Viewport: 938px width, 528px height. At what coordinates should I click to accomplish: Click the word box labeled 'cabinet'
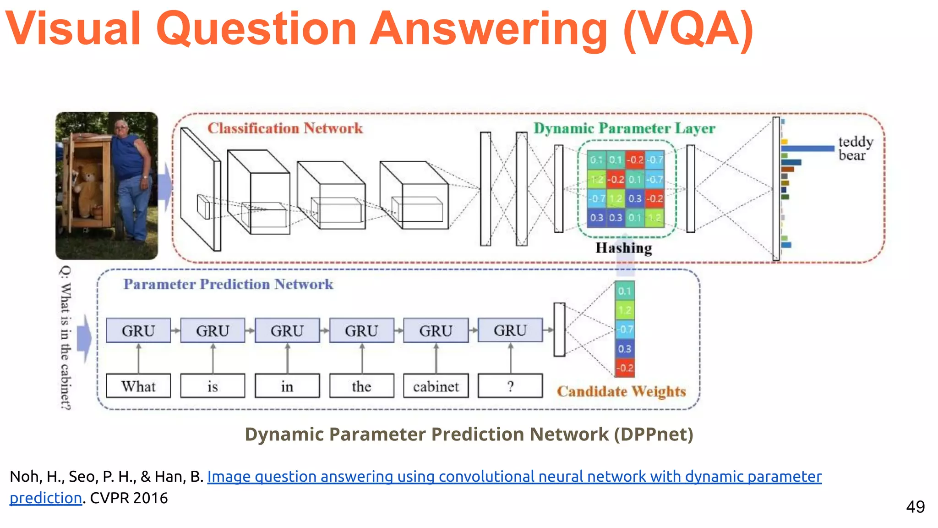436,386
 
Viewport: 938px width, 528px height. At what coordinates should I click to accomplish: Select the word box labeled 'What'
138,386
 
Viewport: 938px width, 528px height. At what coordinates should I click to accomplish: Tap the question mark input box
510,386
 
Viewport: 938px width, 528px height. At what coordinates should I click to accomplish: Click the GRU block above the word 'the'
361,330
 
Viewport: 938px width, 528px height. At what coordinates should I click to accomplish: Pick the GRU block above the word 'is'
213,330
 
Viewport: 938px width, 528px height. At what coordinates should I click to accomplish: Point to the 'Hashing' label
623,248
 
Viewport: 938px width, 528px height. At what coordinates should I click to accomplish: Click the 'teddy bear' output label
855,148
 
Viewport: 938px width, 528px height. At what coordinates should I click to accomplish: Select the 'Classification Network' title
285,128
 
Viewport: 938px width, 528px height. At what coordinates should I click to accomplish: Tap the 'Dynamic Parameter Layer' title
624,128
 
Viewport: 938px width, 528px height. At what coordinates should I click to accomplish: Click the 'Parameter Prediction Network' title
228,284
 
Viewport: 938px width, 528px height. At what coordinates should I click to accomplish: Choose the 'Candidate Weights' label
621,391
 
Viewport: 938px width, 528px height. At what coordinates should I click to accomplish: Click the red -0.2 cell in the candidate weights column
625,368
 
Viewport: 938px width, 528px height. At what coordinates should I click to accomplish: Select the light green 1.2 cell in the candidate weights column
625,310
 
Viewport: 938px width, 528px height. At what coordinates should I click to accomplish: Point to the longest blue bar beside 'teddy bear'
807,148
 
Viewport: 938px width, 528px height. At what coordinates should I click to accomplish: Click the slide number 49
915,507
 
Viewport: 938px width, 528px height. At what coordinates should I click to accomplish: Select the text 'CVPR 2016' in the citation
129,498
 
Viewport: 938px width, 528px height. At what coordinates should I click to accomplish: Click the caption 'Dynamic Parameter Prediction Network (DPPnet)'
469,434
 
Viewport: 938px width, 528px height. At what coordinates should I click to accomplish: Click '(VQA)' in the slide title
688,29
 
